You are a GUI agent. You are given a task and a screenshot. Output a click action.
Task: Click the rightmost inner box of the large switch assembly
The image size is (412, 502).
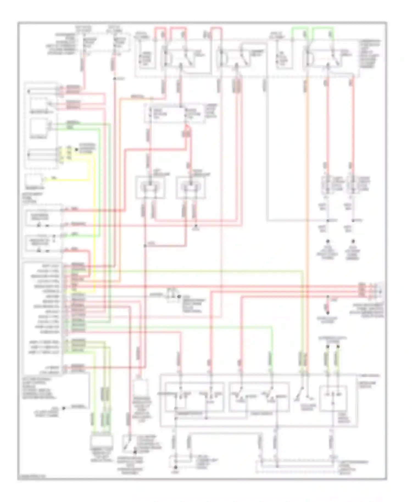tap(333, 398)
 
